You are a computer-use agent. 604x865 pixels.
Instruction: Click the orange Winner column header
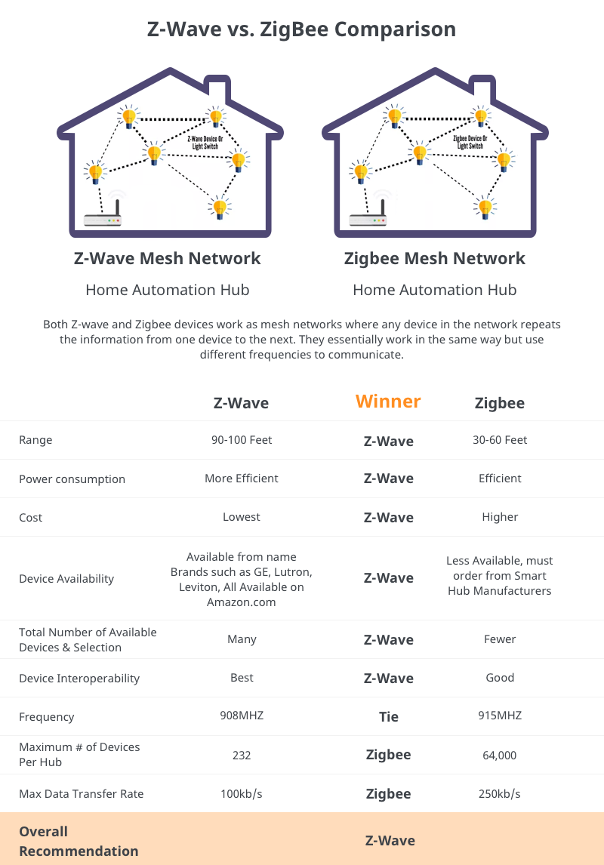click(388, 402)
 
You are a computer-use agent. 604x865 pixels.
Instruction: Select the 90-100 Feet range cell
click(242, 440)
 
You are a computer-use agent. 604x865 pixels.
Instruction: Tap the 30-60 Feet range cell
click(500, 440)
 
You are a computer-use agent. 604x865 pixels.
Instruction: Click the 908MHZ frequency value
click(242, 716)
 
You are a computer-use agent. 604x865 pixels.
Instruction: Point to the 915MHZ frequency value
click(500, 716)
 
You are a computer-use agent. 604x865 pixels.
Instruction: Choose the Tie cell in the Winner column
click(389, 717)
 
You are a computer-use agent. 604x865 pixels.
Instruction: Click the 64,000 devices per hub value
click(500, 755)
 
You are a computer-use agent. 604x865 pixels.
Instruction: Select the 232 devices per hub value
click(242, 755)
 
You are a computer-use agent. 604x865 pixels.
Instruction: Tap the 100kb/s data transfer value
click(242, 794)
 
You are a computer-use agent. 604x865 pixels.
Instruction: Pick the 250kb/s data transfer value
click(500, 794)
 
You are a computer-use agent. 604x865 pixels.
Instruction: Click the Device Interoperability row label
click(79, 679)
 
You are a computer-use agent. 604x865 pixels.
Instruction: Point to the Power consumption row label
click(72, 479)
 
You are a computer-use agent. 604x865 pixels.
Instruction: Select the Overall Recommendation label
click(79, 841)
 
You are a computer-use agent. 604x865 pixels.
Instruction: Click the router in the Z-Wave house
click(103, 219)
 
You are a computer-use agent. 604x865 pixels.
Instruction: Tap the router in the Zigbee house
click(368, 219)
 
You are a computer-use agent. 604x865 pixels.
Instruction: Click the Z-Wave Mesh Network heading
click(168, 259)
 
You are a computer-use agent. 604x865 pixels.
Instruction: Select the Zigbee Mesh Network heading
click(435, 259)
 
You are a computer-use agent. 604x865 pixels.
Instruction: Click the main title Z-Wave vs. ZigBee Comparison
click(302, 29)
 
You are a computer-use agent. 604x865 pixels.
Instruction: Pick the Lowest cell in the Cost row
click(242, 517)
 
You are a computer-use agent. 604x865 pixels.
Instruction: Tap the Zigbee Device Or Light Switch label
click(470, 141)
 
